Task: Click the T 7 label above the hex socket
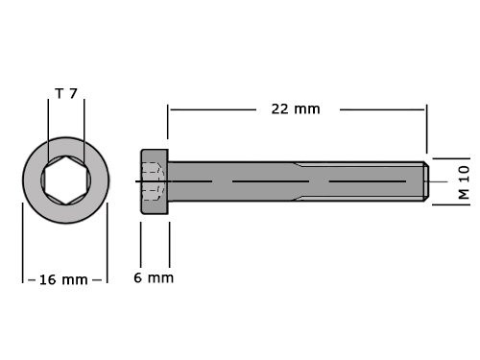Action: click(66, 94)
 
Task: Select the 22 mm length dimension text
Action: click(295, 109)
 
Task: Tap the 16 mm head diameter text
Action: click(63, 279)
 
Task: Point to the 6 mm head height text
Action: click(154, 278)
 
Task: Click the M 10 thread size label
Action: click(463, 180)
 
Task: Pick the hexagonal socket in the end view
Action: click(66, 180)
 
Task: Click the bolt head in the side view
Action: click(155, 181)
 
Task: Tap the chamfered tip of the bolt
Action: click(423, 181)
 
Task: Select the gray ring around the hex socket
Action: click(35, 180)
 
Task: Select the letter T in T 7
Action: click(59, 94)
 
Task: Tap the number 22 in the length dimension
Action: click(279, 109)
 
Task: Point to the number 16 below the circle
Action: click(47, 279)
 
